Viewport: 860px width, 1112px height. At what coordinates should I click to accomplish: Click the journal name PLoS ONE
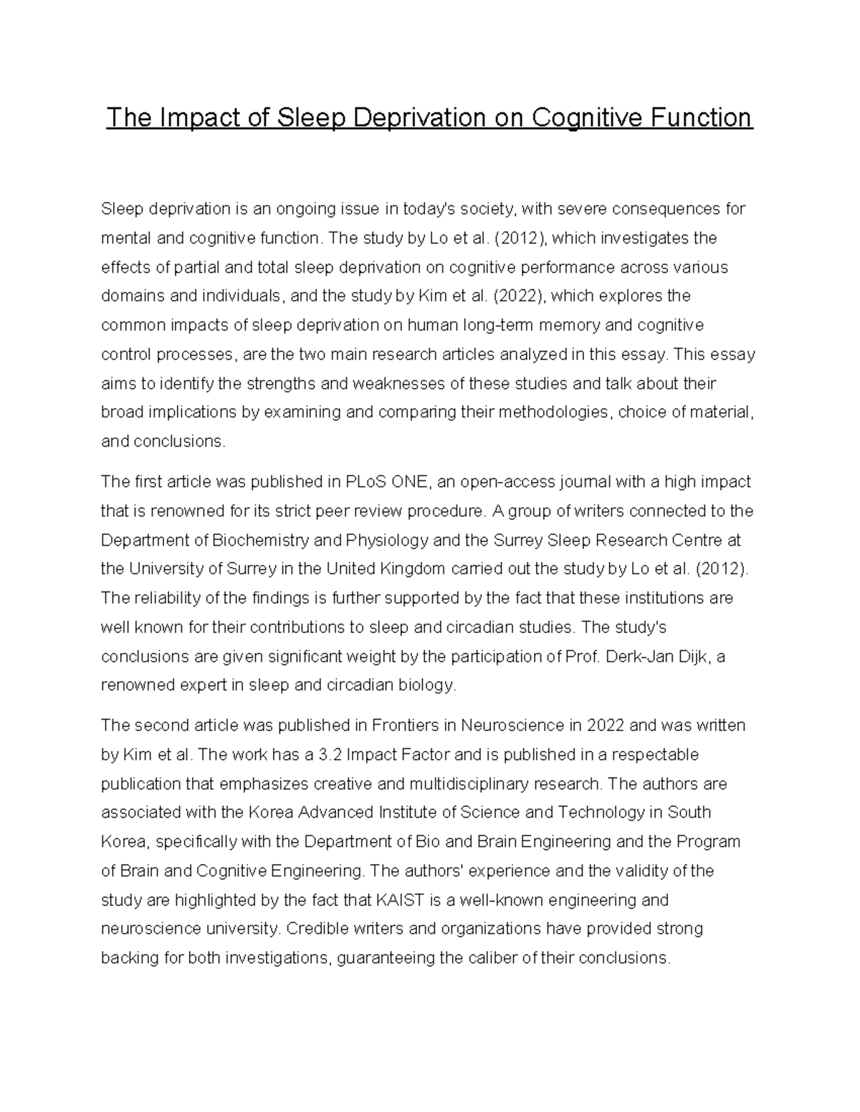[x=388, y=482]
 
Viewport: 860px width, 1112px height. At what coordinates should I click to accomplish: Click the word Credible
[x=315, y=929]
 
